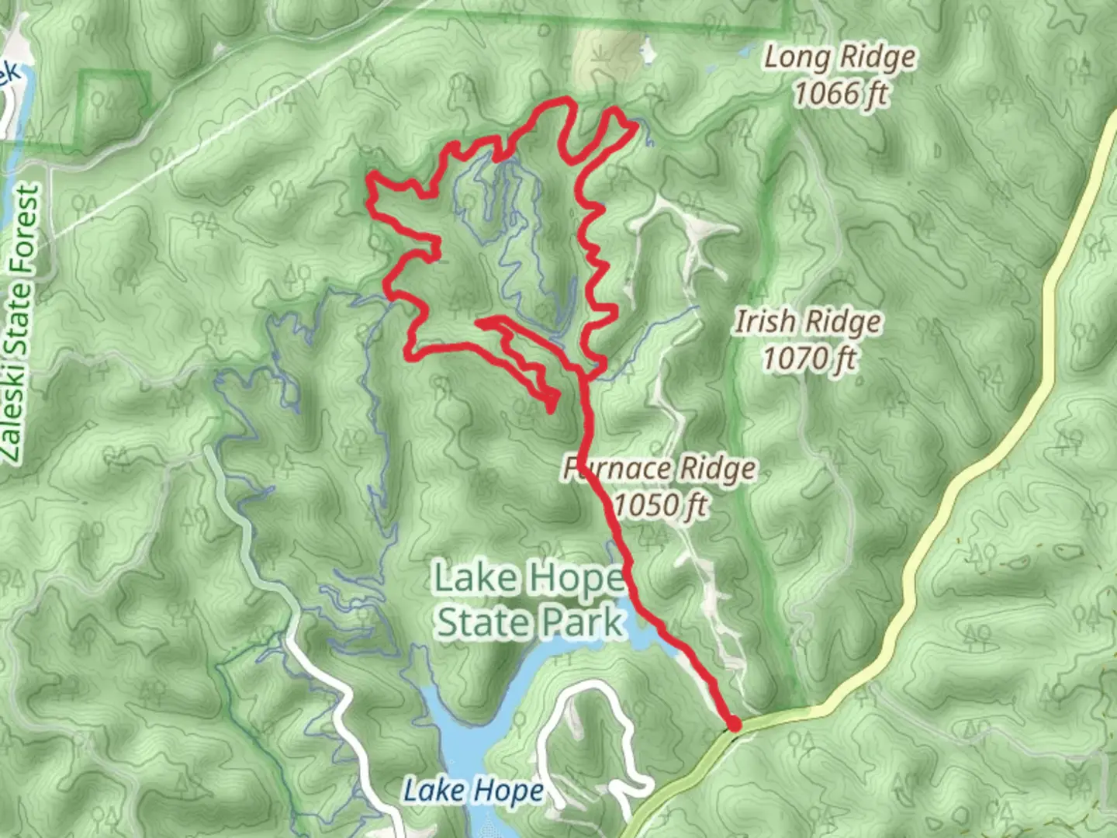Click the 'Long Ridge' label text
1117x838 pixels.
(x=839, y=58)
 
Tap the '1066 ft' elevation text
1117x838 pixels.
(x=839, y=94)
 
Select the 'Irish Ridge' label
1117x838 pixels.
(x=807, y=322)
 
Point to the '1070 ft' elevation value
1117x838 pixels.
(x=808, y=358)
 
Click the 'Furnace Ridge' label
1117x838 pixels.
(x=659, y=469)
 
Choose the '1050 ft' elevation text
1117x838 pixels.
(x=659, y=505)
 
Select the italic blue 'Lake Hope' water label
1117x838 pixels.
(x=473, y=791)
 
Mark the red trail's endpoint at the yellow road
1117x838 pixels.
(x=733, y=724)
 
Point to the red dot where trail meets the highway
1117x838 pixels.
(x=733, y=724)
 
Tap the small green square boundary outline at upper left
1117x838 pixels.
(x=114, y=109)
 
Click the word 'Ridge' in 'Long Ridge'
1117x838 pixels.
(x=877, y=58)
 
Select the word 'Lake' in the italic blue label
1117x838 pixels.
(x=432, y=791)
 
